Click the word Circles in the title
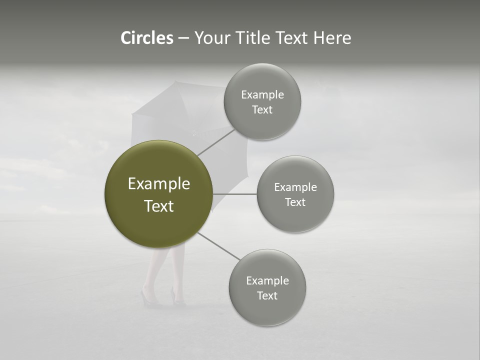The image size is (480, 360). (147, 38)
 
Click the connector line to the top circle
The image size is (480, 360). (216, 142)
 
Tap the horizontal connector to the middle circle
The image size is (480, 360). (235, 194)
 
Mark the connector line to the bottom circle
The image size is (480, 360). (219, 246)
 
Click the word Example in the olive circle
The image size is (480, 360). (159, 184)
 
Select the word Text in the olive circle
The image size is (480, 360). (159, 206)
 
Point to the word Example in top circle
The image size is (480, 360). (262, 95)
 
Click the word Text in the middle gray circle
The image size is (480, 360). (295, 202)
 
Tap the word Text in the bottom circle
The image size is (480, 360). (267, 295)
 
